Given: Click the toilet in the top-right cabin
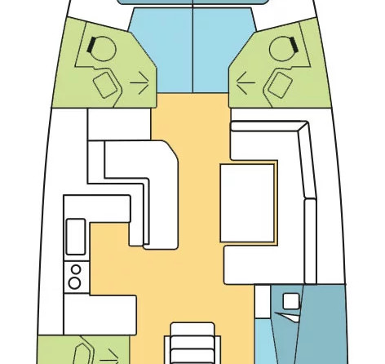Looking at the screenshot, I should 280,51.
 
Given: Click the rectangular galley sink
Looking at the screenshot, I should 75,236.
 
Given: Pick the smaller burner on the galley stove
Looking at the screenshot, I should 76,269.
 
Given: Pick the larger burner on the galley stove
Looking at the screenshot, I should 75,282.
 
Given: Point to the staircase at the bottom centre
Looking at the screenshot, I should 192,344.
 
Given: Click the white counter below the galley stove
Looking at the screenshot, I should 102,313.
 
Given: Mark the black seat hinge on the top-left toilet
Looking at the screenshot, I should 96,43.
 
